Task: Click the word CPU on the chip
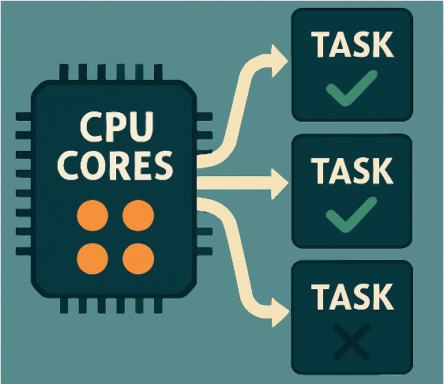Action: coord(117,127)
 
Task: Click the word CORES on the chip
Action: coord(115,166)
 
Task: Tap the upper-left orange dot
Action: coord(92,216)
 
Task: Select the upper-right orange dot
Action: coord(138,216)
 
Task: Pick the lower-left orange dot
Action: coord(92,258)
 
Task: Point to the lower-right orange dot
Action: coord(138,258)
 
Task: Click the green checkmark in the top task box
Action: coord(351,89)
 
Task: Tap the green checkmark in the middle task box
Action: coord(351,215)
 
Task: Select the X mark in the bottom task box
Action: coord(352,342)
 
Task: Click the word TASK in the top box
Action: coord(352,44)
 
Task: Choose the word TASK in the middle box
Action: coord(352,171)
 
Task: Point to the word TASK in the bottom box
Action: coord(352,296)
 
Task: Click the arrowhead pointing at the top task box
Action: coord(280,61)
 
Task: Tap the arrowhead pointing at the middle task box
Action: coord(280,183)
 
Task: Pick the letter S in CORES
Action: coord(162,166)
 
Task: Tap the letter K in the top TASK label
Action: coord(383,44)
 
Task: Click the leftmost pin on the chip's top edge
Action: coord(64,73)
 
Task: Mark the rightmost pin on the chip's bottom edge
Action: coord(158,305)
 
